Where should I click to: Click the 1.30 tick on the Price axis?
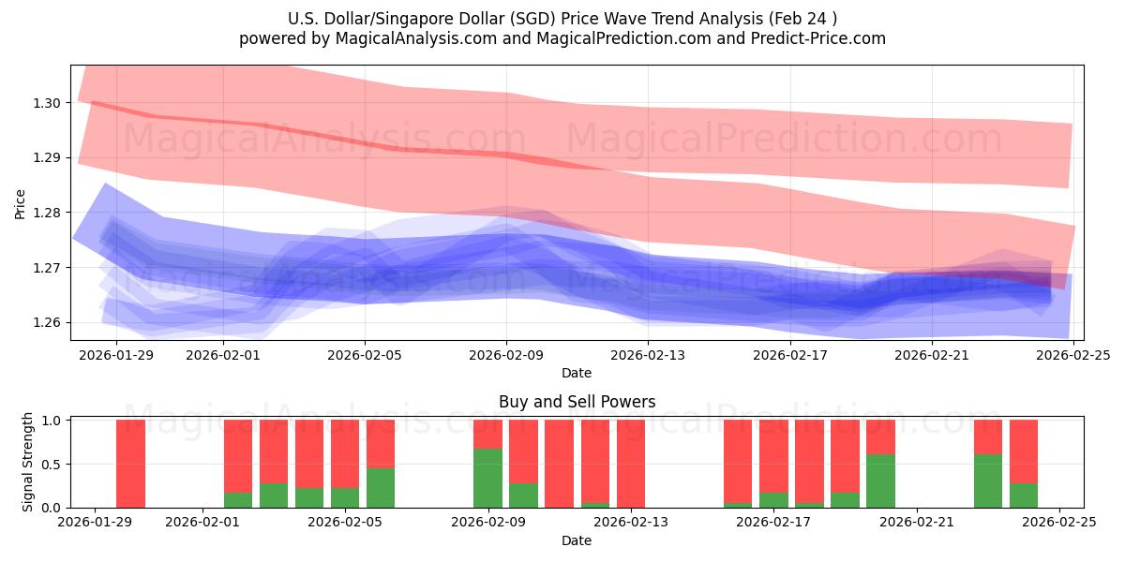pos(47,103)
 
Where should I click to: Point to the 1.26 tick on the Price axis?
pos(47,323)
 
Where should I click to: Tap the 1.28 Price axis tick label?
pos(47,213)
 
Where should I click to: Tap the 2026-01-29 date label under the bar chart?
pos(96,522)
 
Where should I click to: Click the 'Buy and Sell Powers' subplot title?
pos(577,402)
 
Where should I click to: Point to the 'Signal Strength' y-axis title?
pos(28,462)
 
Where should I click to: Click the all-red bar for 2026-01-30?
pos(131,464)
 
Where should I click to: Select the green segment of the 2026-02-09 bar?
pos(488,478)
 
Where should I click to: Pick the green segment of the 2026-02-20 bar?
pos(881,481)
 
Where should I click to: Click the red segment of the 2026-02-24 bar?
pos(1024,451)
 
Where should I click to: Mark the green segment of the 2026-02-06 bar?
pos(381,487)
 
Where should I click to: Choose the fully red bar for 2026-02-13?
pos(631,464)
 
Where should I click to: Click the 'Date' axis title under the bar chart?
pos(577,540)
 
